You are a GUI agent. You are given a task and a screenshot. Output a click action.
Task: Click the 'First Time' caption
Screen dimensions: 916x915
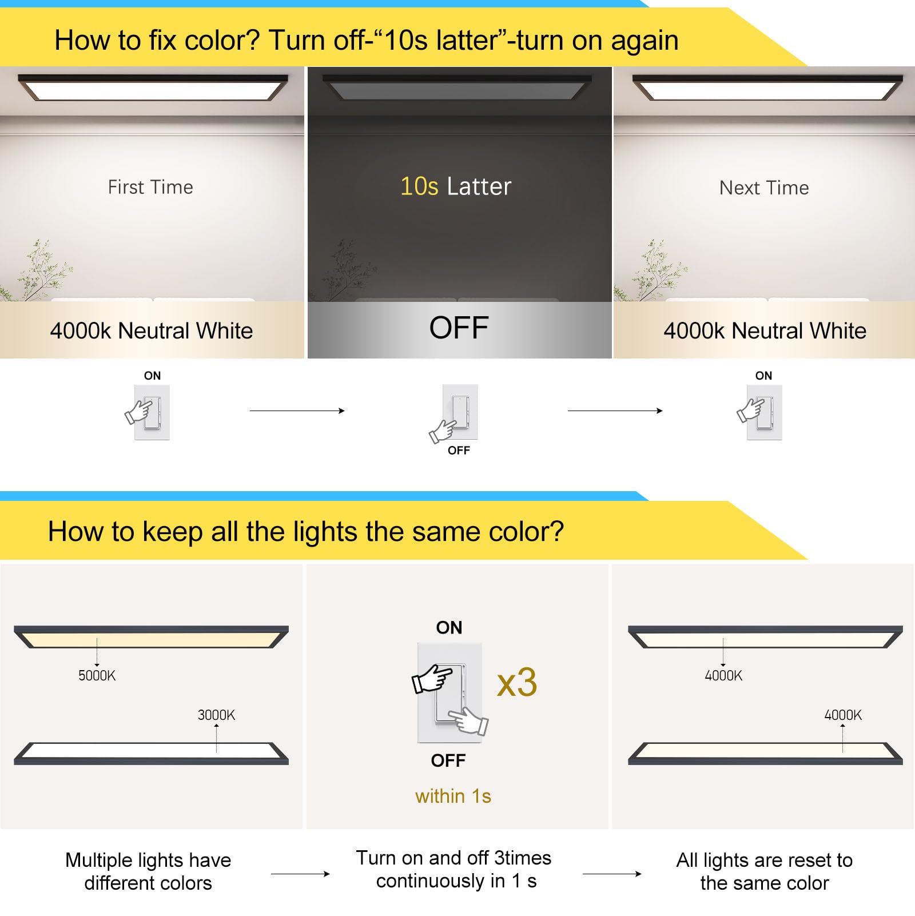(150, 187)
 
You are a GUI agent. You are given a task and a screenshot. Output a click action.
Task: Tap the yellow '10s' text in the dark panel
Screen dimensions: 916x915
(419, 186)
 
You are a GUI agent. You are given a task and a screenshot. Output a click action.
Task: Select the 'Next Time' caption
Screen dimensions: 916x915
(764, 188)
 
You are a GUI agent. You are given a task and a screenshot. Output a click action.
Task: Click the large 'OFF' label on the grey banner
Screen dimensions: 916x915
(459, 328)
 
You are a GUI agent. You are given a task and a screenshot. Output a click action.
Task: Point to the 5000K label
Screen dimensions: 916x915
(97, 675)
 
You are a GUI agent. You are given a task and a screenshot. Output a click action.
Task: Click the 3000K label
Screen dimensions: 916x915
(216, 715)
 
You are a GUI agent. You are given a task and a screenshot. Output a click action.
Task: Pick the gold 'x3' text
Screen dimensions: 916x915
(517, 682)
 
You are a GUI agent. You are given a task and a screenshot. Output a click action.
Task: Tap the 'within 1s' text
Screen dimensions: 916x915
(453, 796)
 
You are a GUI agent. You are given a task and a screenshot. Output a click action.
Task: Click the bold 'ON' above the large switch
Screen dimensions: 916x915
(449, 627)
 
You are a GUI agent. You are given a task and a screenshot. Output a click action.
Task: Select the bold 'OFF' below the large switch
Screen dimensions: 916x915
(448, 760)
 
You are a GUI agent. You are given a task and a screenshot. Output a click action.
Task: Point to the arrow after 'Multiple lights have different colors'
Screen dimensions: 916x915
(300, 874)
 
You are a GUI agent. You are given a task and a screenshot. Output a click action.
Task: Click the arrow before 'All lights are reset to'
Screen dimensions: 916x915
(612, 874)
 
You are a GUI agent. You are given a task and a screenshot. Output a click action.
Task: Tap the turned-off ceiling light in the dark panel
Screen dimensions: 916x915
(457, 88)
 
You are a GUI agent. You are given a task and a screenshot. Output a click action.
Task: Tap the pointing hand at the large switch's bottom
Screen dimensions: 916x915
(469, 720)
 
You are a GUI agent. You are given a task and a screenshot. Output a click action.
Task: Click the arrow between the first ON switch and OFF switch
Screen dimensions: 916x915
(297, 411)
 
